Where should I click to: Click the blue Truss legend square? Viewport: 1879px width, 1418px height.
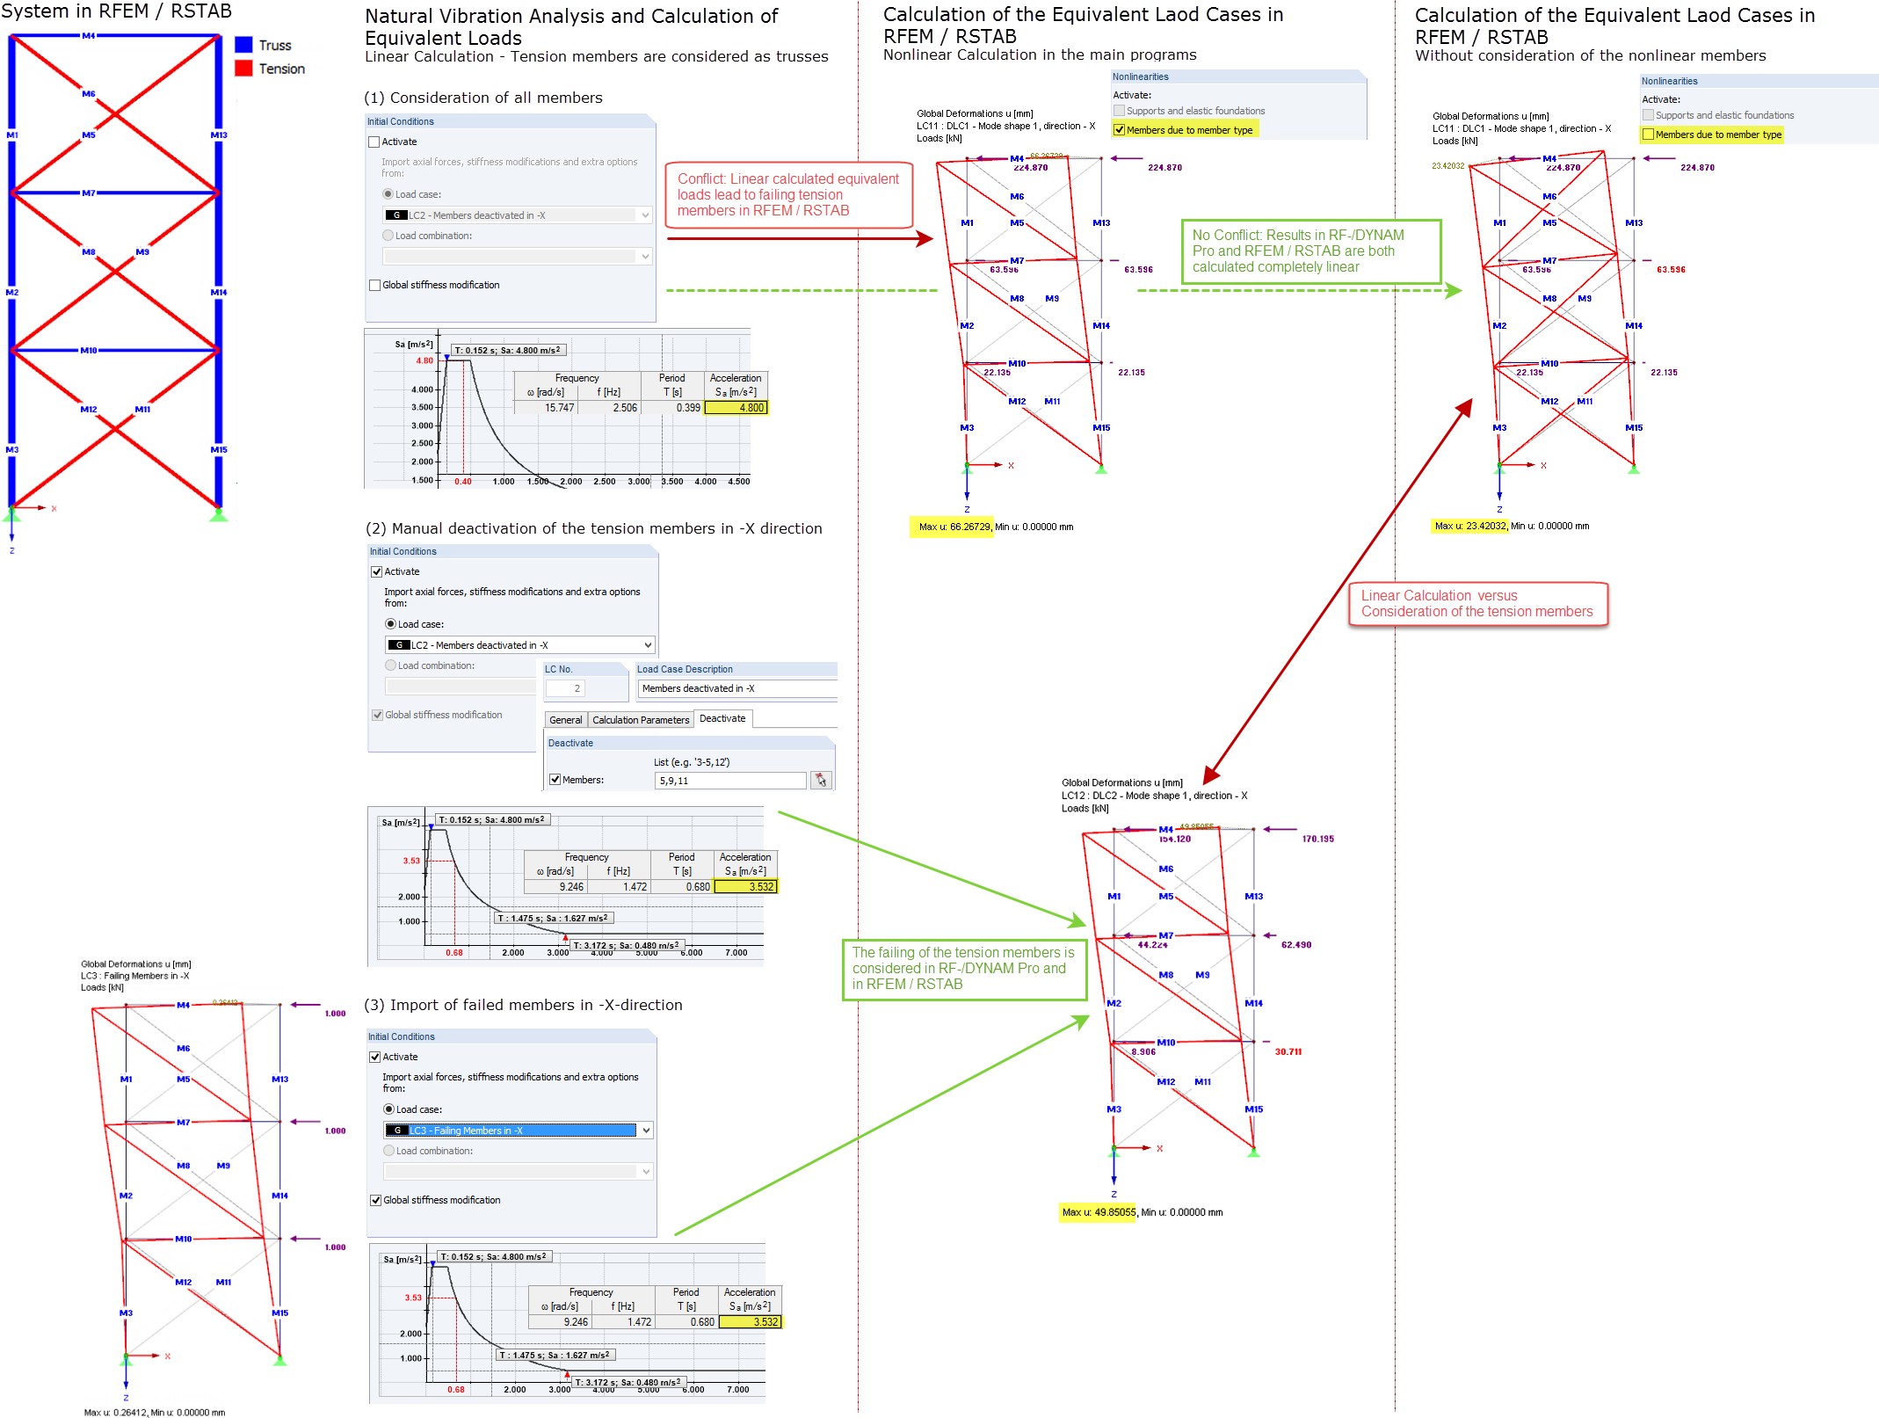pos(243,45)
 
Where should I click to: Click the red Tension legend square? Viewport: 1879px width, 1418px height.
pos(243,69)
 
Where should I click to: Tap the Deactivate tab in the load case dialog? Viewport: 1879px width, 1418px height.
pos(722,719)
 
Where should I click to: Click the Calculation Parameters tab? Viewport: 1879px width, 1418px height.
pos(641,720)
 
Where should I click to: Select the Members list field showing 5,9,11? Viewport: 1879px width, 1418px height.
pos(729,781)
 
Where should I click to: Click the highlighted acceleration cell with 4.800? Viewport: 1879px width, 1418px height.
pos(736,408)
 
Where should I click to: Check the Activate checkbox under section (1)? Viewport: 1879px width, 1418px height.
pos(374,142)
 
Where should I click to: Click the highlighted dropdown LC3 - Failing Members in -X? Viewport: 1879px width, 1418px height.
pos(519,1131)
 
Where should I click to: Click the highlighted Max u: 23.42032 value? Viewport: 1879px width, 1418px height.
pos(1469,527)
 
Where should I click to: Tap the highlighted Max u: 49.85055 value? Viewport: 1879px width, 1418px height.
pos(1098,1212)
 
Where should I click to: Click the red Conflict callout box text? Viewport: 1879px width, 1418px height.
pos(788,195)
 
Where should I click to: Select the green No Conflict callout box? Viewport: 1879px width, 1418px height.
pos(1309,251)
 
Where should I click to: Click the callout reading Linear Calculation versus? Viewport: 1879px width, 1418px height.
pos(1477,604)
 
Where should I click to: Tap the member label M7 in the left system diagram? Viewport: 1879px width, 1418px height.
pos(89,193)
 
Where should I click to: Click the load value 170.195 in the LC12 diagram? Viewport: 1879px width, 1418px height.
pos(1317,840)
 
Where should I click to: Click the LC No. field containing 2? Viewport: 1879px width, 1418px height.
pos(577,688)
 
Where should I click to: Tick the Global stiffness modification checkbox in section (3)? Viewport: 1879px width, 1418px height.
pos(376,1201)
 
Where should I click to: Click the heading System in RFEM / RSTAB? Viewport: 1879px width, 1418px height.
pos(116,11)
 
